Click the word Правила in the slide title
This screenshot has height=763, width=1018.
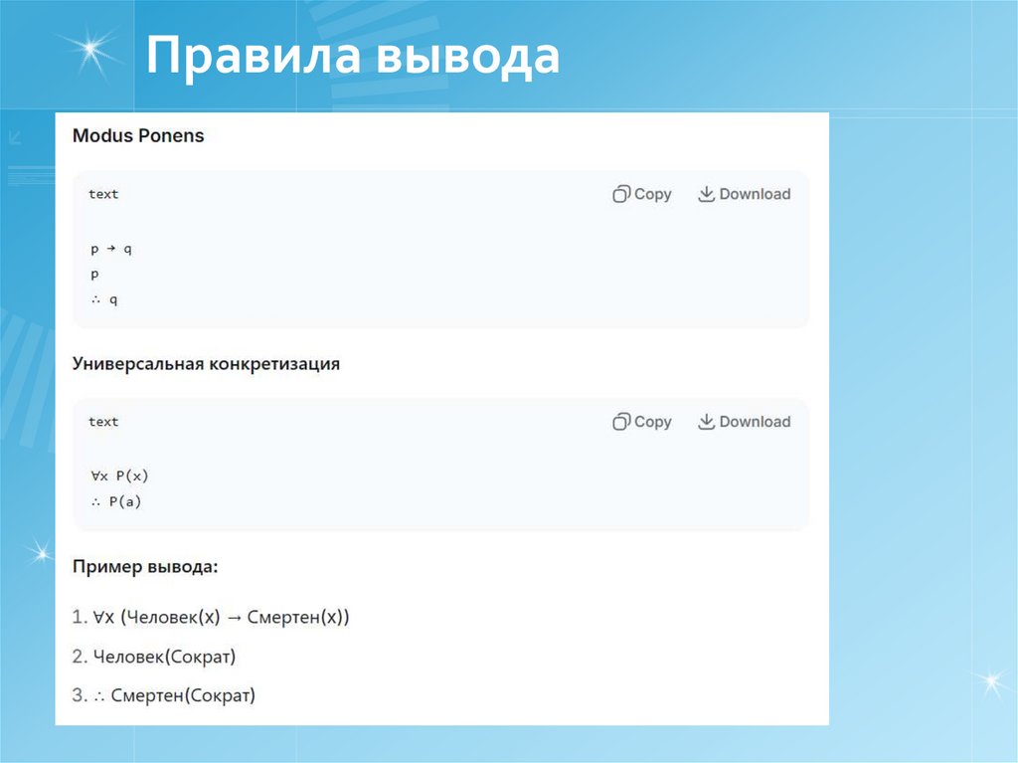click(x=252, y=57)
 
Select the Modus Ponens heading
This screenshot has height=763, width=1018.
click(x=138, y=136)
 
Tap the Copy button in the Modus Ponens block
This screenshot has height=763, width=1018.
click(x=642, y=194)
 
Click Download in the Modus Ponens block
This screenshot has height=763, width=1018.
click(x=745, y=194)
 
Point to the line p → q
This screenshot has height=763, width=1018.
click(x=111, y=249)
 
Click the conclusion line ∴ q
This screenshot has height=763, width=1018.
click(x=103, y=298)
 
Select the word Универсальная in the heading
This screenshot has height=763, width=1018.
click(x=138, y=364)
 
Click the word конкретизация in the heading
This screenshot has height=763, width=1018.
click(x=274, y=364)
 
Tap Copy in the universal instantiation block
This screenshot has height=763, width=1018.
click(x=642, y=422)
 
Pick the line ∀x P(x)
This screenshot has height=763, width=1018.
click(x=119, y=477)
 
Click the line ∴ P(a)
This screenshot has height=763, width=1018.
click(x=116, y=502)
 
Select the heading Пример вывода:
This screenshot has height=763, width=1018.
click(x=145, y=567)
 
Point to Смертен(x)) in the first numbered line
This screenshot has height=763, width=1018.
click(x=299, y=617)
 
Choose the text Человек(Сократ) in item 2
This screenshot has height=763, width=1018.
click(x=164, y=657)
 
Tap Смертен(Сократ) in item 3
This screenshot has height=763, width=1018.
click(x=184, y=696)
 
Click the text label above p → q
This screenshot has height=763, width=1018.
click(x=103, y=194)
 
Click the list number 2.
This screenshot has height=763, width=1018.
click(x=80, y=657)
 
